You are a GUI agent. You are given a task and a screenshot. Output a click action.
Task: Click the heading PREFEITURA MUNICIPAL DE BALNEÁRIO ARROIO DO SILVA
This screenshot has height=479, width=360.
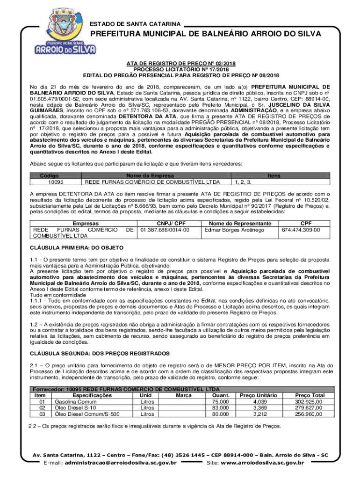click(205, 34)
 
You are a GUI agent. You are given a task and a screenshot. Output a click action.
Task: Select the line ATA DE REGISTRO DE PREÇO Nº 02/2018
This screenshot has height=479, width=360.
click(180, 63)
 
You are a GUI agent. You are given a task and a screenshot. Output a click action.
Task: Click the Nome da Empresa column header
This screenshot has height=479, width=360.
click(157, 175)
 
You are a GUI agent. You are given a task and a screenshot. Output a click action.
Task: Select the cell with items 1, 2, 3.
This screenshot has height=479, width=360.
click(243, 182)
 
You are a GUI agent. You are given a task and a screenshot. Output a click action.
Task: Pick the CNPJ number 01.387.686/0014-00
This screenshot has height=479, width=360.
click(165, 230)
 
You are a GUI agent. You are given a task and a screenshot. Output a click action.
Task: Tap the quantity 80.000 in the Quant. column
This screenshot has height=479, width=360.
click(220, 414)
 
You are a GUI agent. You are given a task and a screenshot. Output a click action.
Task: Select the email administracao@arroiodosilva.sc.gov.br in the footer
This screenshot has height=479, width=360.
click(121, 463)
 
